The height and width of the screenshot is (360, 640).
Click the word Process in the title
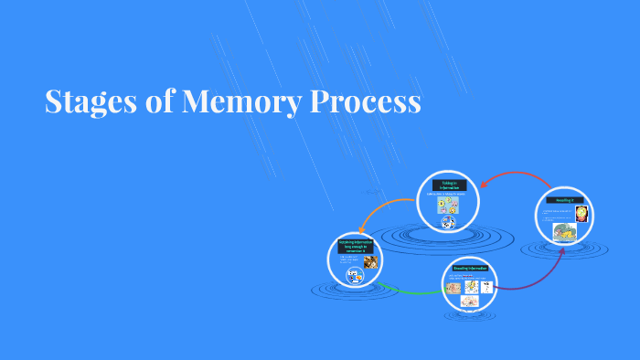click(x=366, y=101)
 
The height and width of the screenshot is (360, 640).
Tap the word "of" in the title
click(x=161, y=101)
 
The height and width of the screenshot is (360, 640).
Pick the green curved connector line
click(x=411, y=291)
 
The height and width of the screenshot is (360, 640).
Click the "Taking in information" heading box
click(x=448, y=185)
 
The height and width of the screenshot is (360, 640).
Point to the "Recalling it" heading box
click(x=563, y=199)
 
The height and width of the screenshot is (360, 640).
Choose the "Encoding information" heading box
click(x=471, y=269)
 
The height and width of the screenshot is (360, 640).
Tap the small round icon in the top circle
click(x=448, y=222)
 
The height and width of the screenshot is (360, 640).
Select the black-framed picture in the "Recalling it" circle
click(x=581, y=214)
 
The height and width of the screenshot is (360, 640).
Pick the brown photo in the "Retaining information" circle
click(x=370, y=263)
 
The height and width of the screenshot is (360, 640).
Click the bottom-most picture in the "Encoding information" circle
click(x=469, y=301)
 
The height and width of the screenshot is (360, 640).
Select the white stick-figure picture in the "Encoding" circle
click(x=487, y=286)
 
